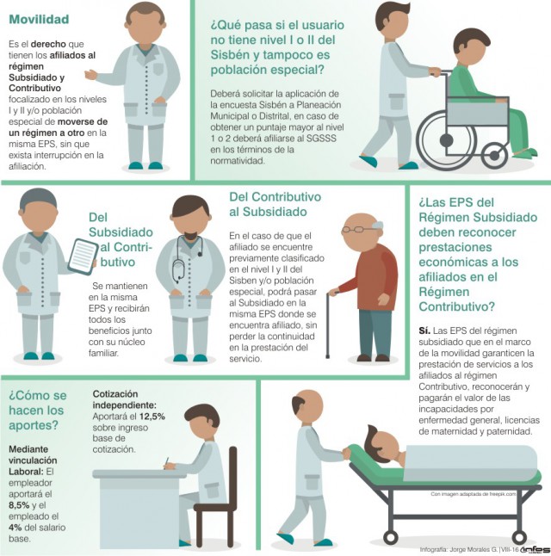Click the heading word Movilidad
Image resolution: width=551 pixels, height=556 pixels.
point(39,19)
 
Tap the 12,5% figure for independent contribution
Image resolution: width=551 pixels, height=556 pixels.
point(152,417)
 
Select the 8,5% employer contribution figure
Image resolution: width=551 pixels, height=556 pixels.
point(19,505)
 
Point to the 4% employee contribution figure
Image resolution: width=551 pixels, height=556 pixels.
point(15,528)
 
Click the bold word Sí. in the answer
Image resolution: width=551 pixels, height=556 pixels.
point(424,331)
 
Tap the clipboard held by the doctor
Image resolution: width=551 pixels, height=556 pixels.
point(83,256)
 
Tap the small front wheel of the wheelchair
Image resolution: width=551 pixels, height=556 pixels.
point(494,155)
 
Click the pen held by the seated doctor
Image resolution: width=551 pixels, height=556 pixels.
point(166,462)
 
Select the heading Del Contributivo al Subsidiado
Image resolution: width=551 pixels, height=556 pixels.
point(275,204)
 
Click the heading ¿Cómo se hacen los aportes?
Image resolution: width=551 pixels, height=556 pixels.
point(38,411)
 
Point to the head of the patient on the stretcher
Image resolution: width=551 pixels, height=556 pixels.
point(384,444)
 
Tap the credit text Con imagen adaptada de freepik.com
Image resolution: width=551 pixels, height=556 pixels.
point(474,493)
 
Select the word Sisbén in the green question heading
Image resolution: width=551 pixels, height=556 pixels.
point(230,55)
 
